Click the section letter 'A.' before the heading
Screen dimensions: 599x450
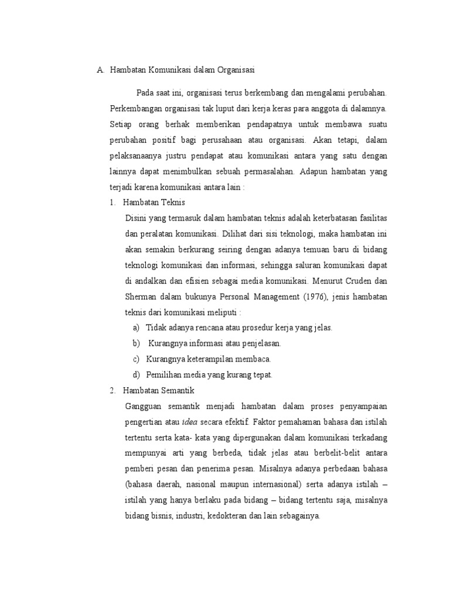[x=100, y=70]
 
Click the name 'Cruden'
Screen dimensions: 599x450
[x=360, y=280]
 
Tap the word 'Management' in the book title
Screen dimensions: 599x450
[x=269, y=296]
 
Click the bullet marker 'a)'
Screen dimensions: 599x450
[x=137, y=328]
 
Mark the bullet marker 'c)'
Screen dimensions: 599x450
[x=137, y=359]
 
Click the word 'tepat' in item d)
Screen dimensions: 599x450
[x=262, y=374]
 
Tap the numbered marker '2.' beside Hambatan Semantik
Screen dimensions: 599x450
[x=112, y=390]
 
